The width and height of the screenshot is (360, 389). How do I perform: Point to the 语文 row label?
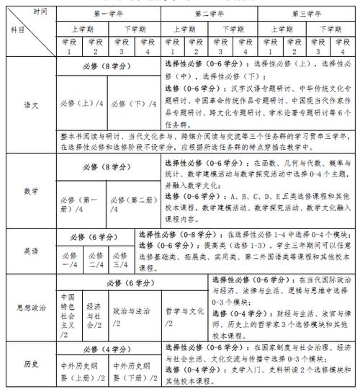point(31,104)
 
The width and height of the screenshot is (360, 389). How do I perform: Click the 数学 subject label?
point(31,191)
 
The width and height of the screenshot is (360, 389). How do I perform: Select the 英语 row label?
point(31,249)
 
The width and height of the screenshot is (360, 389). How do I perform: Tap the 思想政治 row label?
point(31,308)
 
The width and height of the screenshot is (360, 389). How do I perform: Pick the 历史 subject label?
point(31,365)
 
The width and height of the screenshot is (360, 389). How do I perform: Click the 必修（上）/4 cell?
point(81,104)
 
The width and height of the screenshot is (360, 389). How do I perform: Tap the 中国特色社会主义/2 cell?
point(68,316)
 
